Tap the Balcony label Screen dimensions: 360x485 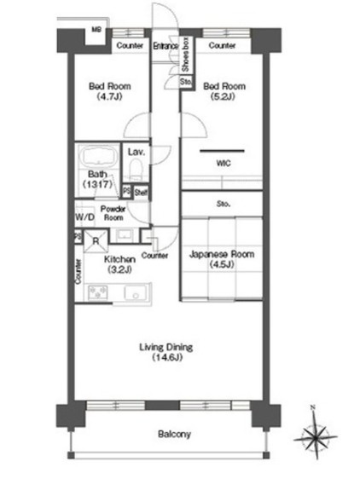point(174,434)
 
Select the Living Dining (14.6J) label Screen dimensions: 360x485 point(166,352)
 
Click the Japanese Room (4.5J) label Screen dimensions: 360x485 point(222,259)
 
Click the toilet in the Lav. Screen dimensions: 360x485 point(136,169)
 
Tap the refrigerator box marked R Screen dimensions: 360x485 point(96,241)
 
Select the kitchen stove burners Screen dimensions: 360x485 point(98,292)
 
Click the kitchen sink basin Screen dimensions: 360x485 point(136,292)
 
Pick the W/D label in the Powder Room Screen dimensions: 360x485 point(84,217)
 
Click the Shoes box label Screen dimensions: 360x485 point(185,55)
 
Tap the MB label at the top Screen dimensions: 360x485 point(96,30)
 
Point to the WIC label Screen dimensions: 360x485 point(224,163)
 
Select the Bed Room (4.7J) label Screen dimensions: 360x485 point(109,91)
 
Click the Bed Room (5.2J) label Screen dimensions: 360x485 point(224,91)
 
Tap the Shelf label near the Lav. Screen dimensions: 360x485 point(141,193)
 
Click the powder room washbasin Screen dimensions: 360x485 point(125,235)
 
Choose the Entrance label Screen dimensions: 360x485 point(165,46)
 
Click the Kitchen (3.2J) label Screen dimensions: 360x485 point(119,264)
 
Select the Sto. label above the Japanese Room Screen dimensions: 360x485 point(224,204)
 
